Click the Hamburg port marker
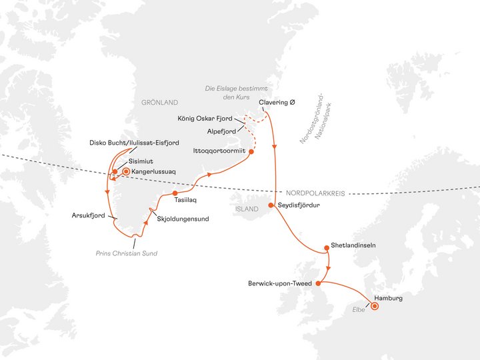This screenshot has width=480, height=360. [x=374, y=306]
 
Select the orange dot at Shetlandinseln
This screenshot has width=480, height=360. [x=326, y=249]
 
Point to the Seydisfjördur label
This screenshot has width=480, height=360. [x=299, y=205]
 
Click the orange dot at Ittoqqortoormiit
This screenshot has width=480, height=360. [x=252, y=151]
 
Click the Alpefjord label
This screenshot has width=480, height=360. [x=220, y=131]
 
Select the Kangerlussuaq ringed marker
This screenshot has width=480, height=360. [x=126, y=171]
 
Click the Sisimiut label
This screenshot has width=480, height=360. [x=141, y=161]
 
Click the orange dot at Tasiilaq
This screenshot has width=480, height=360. [x=175, y=193]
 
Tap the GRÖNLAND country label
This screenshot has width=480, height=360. [x=160, y=103]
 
